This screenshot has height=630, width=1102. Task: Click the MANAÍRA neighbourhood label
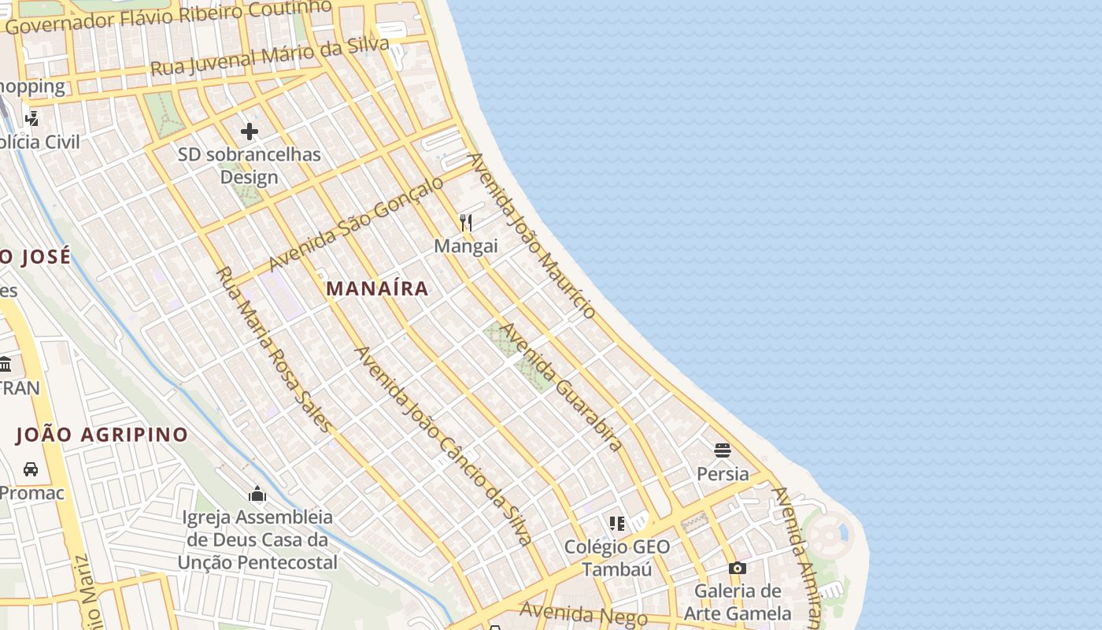(x=377, y=288)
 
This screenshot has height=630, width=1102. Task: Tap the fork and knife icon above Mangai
(x=466, y=223)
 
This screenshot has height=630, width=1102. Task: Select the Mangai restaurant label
(x=466, y=246)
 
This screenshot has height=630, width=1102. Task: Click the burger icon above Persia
(x=723, y=450)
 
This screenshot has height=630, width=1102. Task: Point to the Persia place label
(x=723, y=473)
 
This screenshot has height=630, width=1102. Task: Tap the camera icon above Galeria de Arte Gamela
(x=737, y=568)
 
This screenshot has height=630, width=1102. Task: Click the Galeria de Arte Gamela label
(x=738, y=602)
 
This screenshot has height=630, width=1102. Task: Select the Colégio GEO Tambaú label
(x=617, y=558)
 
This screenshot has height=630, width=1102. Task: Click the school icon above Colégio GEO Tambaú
(x=617, y=524)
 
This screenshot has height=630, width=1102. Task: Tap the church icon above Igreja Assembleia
(x=257, y=495)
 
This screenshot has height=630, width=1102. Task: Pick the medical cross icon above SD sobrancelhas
(x=250, y=131)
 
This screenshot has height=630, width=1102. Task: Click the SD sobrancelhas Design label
(x=250, y=165)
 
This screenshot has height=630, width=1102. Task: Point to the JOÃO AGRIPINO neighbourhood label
(x=102, y=434)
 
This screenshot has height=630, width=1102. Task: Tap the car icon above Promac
(x=31, y=469)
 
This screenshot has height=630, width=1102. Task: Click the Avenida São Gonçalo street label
(x=357, y=224)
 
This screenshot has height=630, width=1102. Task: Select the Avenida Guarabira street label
(x=561, y=386)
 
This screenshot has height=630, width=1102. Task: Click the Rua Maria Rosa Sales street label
(x=274, y=349)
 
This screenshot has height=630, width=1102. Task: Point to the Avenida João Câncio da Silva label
(x=444, y=446)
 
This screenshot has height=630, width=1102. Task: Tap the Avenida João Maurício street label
(x=532, y=235)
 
